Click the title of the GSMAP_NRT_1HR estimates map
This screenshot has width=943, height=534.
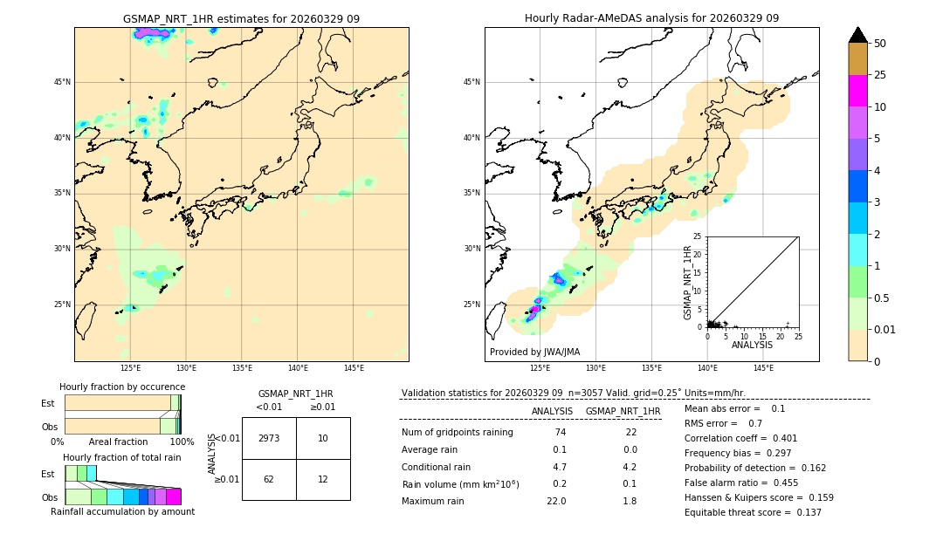241,18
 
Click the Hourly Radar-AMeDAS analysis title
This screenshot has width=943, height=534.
651,18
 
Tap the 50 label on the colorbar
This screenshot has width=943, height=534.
880,44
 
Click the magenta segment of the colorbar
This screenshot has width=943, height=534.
857,91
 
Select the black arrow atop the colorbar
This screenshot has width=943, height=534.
857,35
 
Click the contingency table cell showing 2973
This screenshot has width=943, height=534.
269,438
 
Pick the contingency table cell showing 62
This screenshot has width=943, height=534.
269,479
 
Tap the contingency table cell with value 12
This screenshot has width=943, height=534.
323,479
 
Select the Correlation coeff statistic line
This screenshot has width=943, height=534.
734,438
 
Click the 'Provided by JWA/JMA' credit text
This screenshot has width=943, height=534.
534,352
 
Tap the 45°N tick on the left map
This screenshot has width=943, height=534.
62,82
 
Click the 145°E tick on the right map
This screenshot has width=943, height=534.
763,368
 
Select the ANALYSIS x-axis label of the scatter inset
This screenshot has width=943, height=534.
752,345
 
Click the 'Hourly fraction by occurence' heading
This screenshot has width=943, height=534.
122,387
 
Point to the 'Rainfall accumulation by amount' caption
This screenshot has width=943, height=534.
122,511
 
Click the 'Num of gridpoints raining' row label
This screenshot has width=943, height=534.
457,432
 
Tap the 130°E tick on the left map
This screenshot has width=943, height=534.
186,368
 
